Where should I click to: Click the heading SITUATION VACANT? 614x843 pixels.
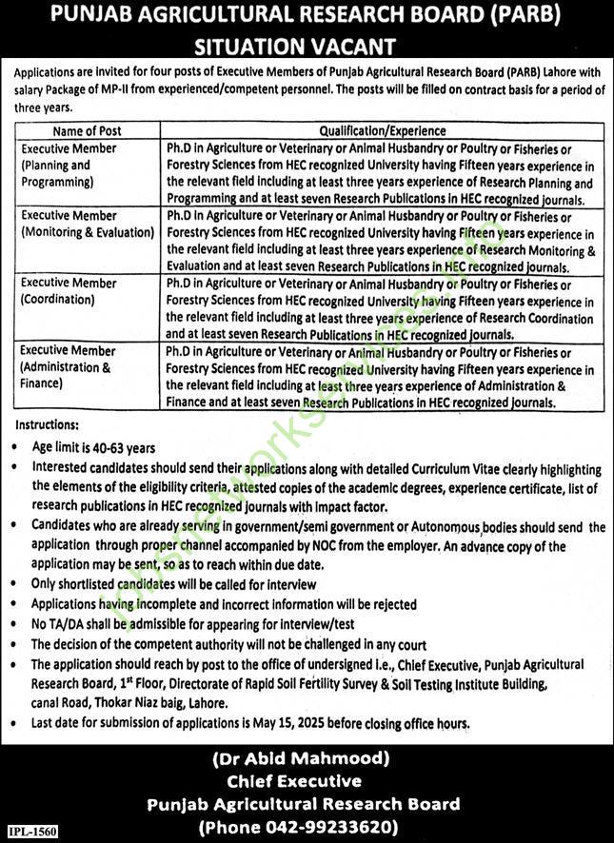(307, 45)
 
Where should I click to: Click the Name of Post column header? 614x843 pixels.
(87, 131)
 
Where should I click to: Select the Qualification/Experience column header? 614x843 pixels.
(382, 131)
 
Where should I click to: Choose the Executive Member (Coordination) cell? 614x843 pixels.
(69, 291)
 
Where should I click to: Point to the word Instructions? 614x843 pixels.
(46, 425)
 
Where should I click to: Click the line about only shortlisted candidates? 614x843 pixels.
(173, 584)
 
